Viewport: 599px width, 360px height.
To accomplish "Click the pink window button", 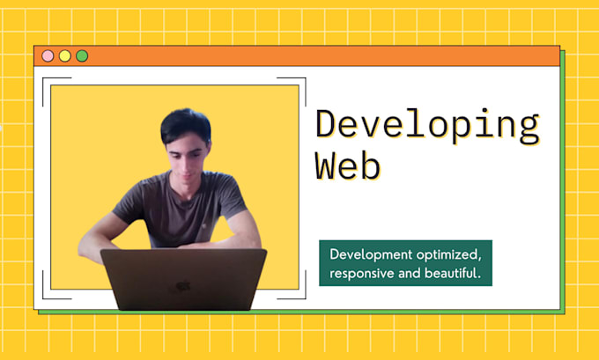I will pyautogui.click(x=48, y=55).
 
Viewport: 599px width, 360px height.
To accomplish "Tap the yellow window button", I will pyautogui.click(x=64, y=55).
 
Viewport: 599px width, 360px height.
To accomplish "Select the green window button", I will pyautogui.click(x=82, y=55).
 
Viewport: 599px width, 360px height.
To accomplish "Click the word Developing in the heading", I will pyautogui.click(x=427, y=126).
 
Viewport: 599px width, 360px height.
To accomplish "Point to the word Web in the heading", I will pyautogui.click(x=349, y=165).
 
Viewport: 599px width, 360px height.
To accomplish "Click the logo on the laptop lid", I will pyautogui.click(x=183, y=286).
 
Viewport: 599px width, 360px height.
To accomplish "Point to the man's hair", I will pyautogui.click(x=185, y=124).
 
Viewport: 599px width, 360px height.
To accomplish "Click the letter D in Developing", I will pyautogui.click(x=327, y=126).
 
